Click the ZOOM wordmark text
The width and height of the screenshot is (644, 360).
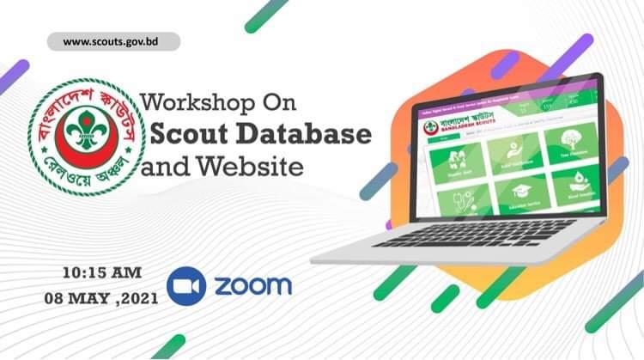(x=252, y=285)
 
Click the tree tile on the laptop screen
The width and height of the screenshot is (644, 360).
(x=570, y=142)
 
